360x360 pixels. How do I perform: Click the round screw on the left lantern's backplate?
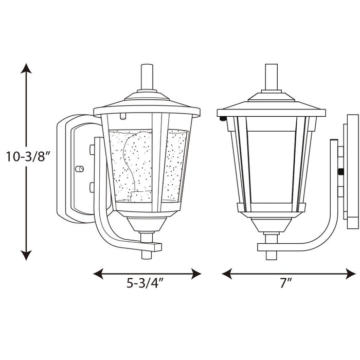click(x=80, y=169)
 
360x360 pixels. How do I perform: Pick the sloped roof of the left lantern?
click(x=147, y=104)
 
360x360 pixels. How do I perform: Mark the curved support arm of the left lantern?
click(x=103, y=216)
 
